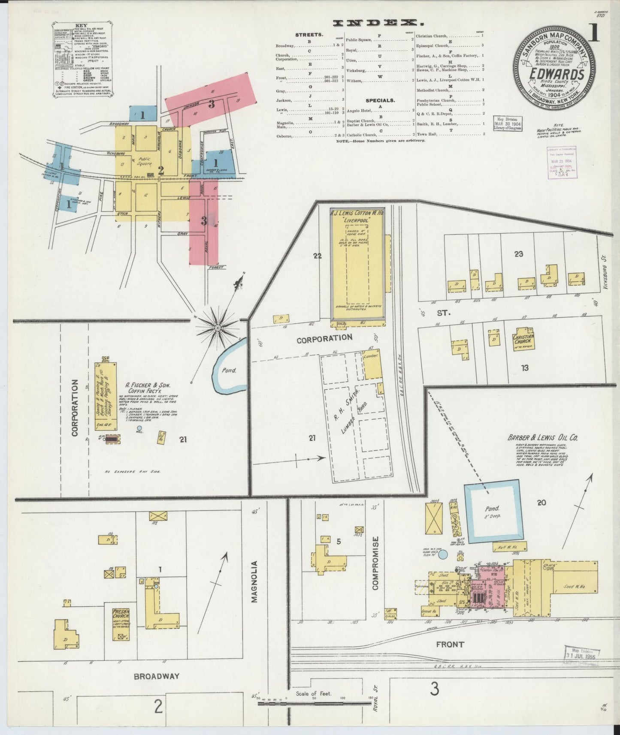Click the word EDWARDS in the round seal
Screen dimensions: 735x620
point(556,74)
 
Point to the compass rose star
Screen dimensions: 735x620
point(218,328)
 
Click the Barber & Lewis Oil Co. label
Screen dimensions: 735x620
point(543,438)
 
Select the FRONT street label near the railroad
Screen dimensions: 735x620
point(450,644)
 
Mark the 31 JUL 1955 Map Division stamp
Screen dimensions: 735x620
point(582,654)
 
